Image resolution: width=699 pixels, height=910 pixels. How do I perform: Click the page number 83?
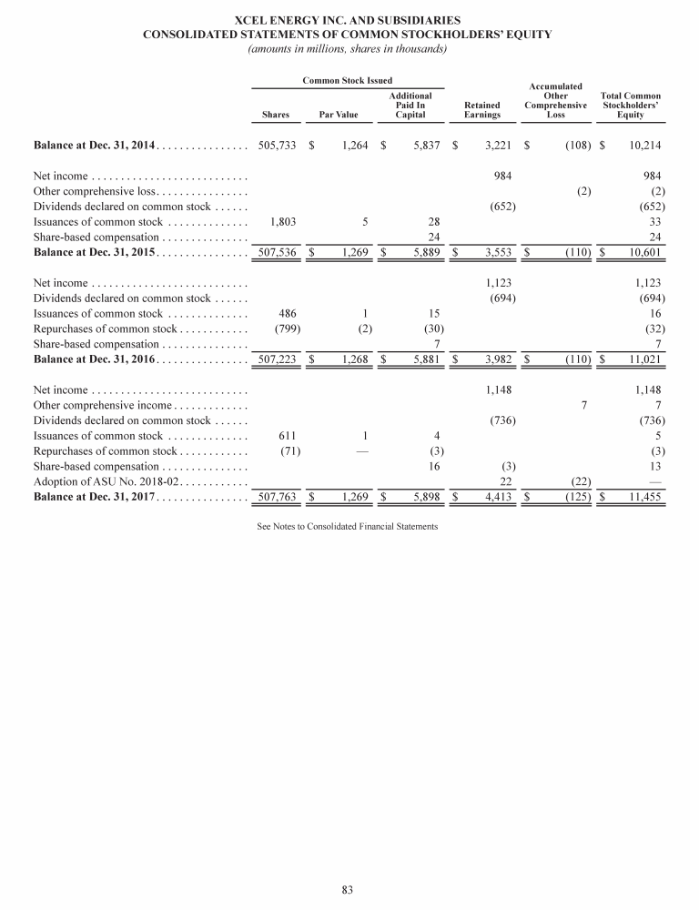pyautogui.click(x=347, y=889)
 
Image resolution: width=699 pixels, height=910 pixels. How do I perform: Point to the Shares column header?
pyautogui.click(x=276, y=116)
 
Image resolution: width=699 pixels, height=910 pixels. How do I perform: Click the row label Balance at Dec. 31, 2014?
pyautogui.click(x=95, y=145)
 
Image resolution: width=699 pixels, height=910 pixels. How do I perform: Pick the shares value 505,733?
pyautogui.click(x=278, y=145)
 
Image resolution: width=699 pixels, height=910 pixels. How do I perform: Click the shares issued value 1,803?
pyautogui.click(x=283, y=221)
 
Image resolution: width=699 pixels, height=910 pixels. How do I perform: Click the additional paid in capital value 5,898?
pyautogui.click(x=424, y=498)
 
